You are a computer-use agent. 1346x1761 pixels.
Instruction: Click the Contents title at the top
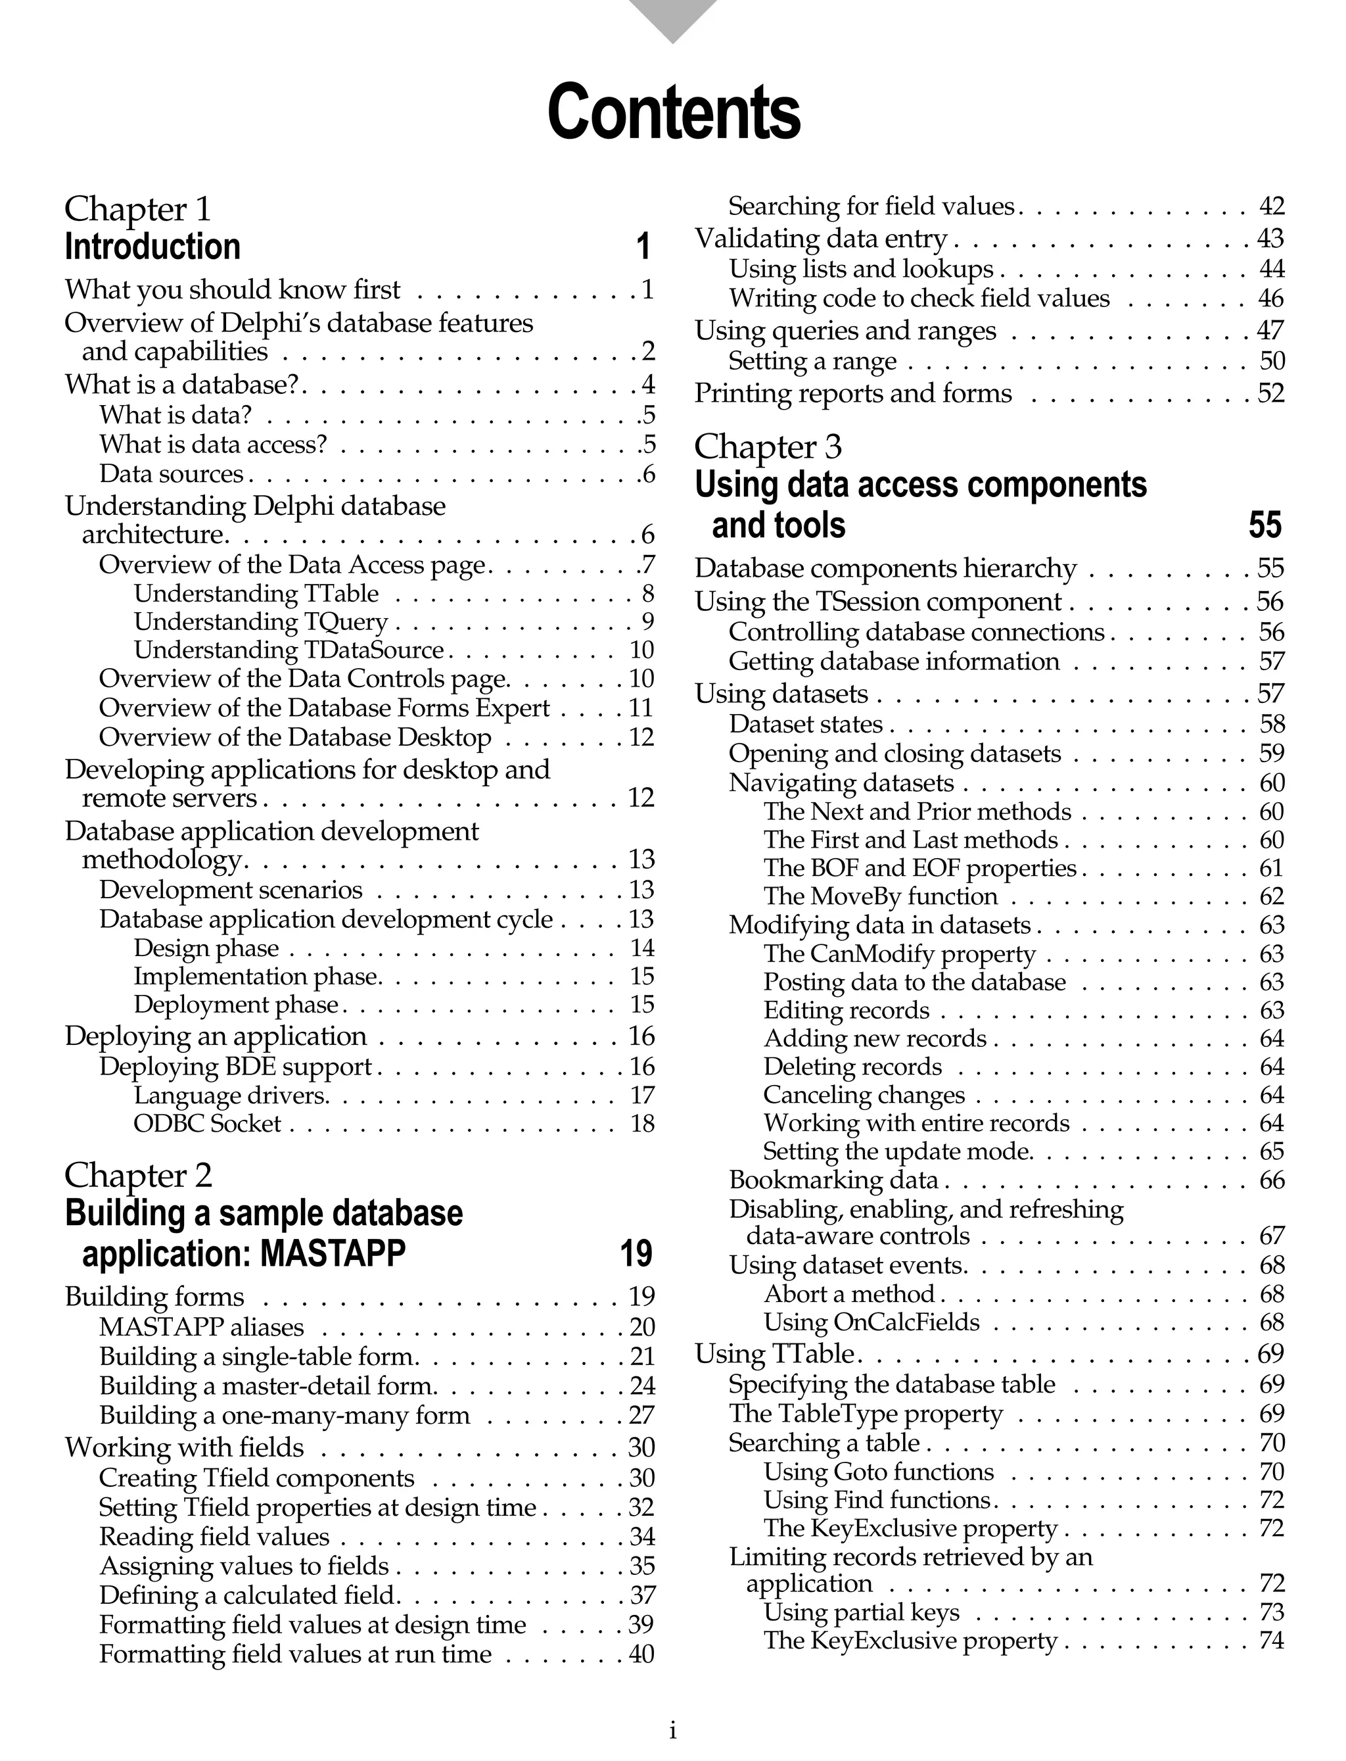(673, 112)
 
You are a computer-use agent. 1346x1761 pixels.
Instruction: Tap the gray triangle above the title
(673, 18)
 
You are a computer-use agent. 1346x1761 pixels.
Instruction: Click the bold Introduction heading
(152, 247)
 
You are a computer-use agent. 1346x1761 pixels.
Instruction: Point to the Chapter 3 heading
(768, 446)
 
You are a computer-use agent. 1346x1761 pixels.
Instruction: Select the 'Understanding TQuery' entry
(260, 621)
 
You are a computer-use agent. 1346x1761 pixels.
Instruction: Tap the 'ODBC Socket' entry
(207, 1123)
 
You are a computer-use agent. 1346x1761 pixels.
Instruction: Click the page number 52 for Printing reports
(1270, 393)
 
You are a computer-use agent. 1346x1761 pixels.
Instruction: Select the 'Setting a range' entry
(812, 362)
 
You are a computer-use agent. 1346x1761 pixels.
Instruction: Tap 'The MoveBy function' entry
(880, 896)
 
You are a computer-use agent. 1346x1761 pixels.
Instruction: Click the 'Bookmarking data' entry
(833, 1180)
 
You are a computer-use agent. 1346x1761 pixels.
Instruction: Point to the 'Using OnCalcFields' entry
(871, 1322)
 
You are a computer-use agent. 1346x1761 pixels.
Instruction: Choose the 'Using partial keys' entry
(860, 1612)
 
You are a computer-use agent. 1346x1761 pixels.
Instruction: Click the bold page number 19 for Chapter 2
(636, 1253)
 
